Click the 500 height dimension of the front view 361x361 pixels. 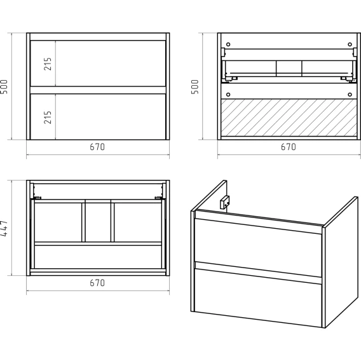click(x=4, y=87)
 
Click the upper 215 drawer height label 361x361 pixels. click(x=48, y=64)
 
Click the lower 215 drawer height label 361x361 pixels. click(x=48, y=118)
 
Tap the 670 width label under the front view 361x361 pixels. click(x=97, y=147)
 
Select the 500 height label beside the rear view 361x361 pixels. click(x=194, y=87)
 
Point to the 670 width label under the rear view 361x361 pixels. click(x=289, y=147)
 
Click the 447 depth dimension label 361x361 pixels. click(x=4, y=228)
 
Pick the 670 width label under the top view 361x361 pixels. click(x=97, y=283)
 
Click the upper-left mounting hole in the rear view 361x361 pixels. click(x=228, y=44)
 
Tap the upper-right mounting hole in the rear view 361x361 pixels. click(x=350, y=44)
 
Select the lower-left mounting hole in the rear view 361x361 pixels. click(x=228, y=95)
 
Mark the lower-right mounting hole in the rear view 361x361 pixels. click(x=350, y=95)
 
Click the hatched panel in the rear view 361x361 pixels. click(x=289, y=118)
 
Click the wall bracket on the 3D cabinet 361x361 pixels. click(x=224, y=202)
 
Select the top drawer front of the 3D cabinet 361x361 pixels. click(x=258, y=247)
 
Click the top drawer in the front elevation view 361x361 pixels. click(x=98, y=64)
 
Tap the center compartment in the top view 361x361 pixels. click(x=98, y=222)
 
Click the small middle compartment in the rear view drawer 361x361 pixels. click(x=289, y=69)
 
